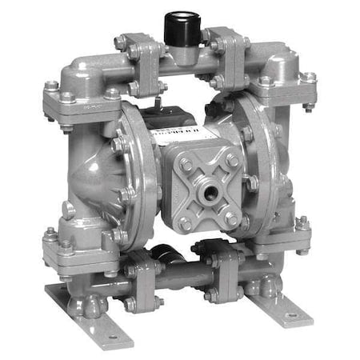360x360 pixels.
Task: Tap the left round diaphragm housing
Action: click(x=100, y=172)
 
